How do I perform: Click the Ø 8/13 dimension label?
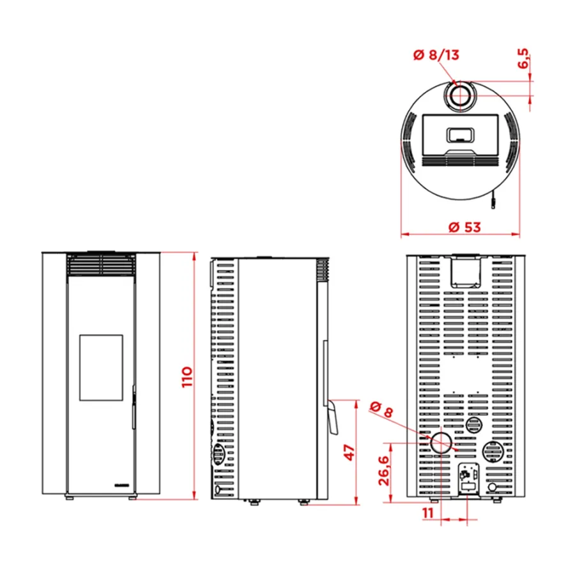click(436, 55)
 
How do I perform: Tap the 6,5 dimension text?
click(523, 58)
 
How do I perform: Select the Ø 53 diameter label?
click(464, 227)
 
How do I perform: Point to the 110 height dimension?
click(187, 376)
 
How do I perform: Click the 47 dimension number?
click(350, 452)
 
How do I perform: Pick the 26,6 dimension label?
click(383, 470)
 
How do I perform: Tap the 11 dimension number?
click(428, 513)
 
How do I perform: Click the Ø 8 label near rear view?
click(381, 410)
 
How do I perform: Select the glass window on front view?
click(101, 367)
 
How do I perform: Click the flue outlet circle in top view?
click(460, 96)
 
